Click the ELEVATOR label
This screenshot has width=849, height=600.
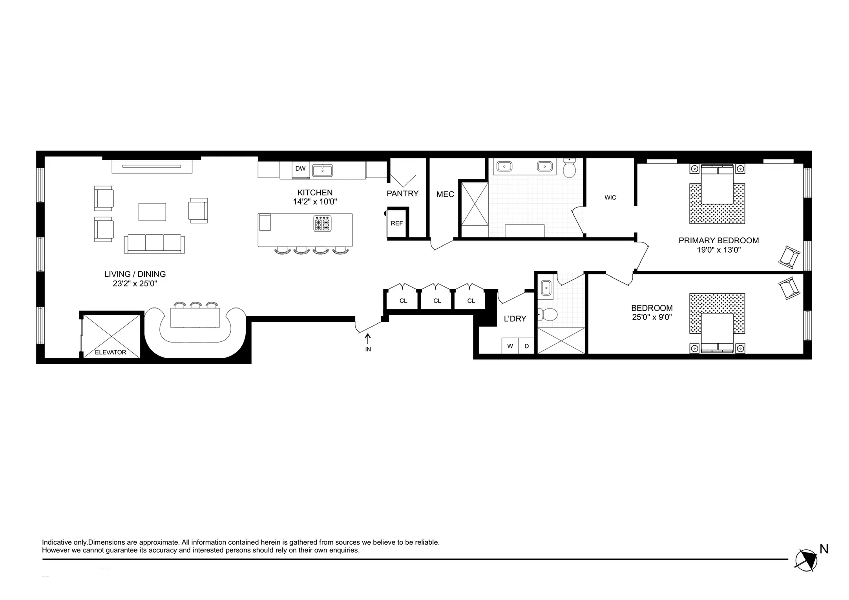coord(110,352)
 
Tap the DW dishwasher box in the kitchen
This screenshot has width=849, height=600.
coord(300,169)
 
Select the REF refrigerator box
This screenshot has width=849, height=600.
coord(397,223)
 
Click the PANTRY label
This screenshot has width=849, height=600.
coord(402,193)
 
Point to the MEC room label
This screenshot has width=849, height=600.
coord(445,194)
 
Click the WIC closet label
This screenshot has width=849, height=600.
coord(610,198)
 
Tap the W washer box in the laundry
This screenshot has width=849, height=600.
coord(510,346)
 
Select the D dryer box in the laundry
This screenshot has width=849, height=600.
coord(527,346)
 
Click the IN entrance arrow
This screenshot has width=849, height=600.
coord(368,340)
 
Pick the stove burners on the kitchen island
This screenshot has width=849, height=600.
coord(323,224)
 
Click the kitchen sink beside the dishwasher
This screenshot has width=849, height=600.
coord(322,171)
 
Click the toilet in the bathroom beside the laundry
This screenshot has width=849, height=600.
coord(548,314)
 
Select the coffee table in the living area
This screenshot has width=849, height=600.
coord(152,212)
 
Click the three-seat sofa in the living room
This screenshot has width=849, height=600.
coord(154,244)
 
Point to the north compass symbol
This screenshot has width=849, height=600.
coord(806,560)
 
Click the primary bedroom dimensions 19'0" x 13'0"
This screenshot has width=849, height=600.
coord(718,250)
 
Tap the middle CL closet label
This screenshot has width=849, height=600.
coord(437,301)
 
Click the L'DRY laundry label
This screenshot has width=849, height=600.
coord(515,319)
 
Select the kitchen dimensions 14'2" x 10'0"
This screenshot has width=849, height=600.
coord(315,202)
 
